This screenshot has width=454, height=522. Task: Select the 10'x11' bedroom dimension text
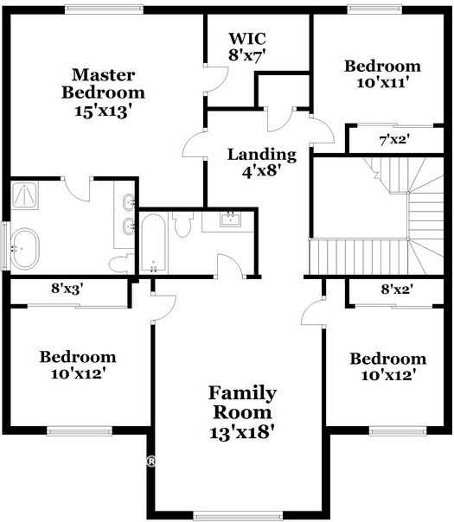[x=382, y=75]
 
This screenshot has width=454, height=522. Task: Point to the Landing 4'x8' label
[x=262, y=162]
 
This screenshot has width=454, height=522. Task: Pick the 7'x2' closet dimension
[x=394, y=138]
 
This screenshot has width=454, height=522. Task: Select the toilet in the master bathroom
[x=120, y=263]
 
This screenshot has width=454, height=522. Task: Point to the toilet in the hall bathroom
[x=182, y=225]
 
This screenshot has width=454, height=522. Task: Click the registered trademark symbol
[x=150, y=462]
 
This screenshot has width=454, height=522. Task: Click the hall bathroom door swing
[x=229, y=266]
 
